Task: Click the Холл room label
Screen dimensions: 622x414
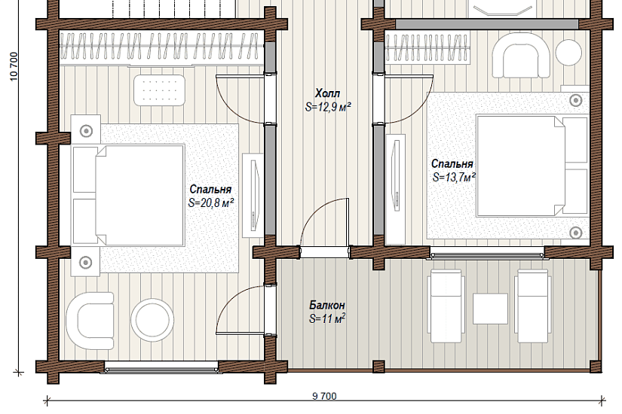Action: [x=327, y=93]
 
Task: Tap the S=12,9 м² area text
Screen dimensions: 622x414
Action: [x=328, y=107]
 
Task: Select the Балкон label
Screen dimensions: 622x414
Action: [x=327, y=306]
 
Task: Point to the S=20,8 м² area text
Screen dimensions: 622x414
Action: [x=210, y=202]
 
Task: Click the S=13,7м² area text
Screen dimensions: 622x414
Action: [x=454, y=177]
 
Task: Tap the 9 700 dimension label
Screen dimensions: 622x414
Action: [x=324, y=396]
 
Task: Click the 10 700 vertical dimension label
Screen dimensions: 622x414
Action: [x=14, y=66]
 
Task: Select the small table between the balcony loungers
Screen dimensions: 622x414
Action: [x=490, y=309]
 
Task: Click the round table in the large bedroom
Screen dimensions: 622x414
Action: [x=152, y=320]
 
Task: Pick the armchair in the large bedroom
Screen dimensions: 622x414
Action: [x=90, y=321]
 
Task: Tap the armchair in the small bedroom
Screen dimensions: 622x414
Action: [x=521, y=55]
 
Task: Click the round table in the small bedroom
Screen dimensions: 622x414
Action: [x=568, y=52]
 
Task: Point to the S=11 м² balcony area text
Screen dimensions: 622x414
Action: [x=327, y=318]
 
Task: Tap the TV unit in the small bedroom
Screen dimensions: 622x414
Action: [x=396, y=190]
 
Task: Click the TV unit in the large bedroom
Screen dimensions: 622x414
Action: [x=253, y=195]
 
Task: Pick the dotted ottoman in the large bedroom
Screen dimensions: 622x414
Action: [x=160, y=90]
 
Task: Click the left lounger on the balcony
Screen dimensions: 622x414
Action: [x=446, y=306]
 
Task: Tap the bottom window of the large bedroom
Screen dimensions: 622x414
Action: [x=162, y=367]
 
